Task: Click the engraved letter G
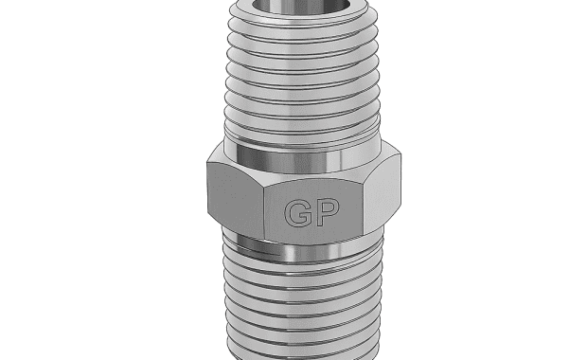tap(298, 213)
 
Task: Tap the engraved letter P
tap(329, 213)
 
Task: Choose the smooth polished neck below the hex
tap(302, 249)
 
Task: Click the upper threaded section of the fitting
tap(302, 71)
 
